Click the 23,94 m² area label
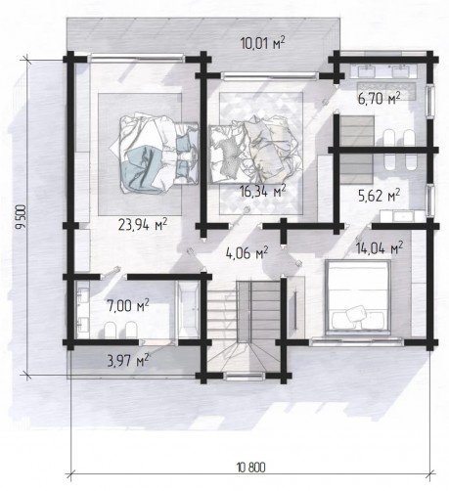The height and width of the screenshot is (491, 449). click(x=143, y=224)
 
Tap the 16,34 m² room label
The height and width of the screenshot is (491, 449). click(x=263, y=191)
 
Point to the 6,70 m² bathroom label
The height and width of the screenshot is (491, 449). click(x=379, y=98)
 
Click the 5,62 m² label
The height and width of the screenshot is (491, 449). click(x=379, y=197)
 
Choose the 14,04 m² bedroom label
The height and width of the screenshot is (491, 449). click(x=379, y=247)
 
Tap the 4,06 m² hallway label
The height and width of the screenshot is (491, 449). click(x=247, y=252)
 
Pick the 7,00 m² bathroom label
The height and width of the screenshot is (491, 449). click(x=128, y=306)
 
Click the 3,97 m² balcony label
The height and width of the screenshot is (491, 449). click(x=128, y=360)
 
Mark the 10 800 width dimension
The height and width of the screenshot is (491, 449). click(x=251, y=468)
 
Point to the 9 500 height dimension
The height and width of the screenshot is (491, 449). click(x=21, y=217)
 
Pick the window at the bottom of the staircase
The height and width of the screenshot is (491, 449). click(x=245, y=377)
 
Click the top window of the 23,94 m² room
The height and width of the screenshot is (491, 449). click(x=137, y=59)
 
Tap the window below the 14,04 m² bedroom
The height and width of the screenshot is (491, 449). click(x=356, y=342)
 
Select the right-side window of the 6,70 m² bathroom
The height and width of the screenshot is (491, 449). click(x=431, y=100)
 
